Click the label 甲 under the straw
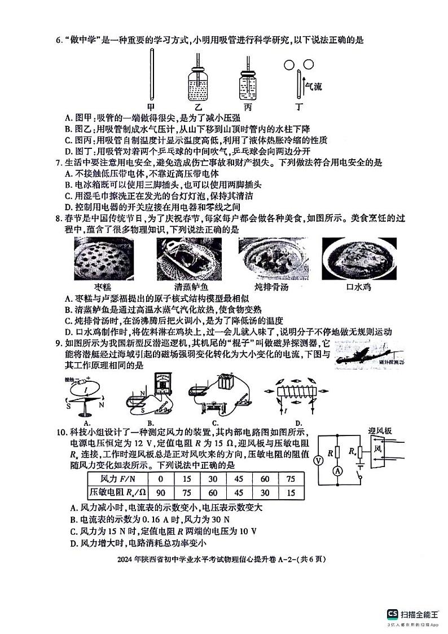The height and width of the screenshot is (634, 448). click(151, 107)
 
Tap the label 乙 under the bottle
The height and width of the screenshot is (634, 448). click(197, 107)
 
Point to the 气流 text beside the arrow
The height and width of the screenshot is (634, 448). click(313, 86)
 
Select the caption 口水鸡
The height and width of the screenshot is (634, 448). click(356, 287)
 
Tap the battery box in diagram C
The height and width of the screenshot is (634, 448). click(227, 382)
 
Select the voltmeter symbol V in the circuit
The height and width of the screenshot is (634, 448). click(317, 460)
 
